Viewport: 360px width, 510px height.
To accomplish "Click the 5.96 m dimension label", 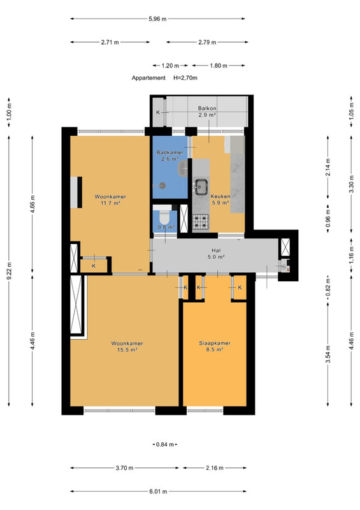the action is (x=158, y=19).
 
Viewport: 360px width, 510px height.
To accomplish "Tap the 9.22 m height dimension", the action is (x=9, y=270).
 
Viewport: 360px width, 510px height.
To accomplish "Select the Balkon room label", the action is (x=207, y=108).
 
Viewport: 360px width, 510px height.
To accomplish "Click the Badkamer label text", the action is (x=169, y=152).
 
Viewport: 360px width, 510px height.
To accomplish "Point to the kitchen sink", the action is (x=201, y=187).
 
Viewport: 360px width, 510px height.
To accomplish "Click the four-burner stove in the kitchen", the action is (x=201, y=222).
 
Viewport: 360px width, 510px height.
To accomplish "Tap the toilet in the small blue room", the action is (x=165, y=217).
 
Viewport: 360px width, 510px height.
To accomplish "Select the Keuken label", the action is (x=220, y=196).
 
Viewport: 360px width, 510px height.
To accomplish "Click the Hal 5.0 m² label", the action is (x=216, y=254).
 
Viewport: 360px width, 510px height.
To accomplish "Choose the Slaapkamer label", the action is (x=215, y=343).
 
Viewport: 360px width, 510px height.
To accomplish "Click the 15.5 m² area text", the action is (x=127, y=350).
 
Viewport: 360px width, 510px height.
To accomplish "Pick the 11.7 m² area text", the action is (x=111, y=203).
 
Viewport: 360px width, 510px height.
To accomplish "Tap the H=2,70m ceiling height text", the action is (x=185, y=78).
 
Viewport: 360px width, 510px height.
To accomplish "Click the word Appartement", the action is (x=148, y=78).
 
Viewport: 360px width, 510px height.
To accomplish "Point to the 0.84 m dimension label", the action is (x=165, y=444).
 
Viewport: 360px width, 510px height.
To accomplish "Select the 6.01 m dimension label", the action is (x=159, y=492).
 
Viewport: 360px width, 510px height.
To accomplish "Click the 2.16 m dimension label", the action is (x=215, y=468).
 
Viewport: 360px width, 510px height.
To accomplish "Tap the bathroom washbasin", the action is (x=183, y=168).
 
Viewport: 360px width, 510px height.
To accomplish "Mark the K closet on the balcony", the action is (x=158, y=112).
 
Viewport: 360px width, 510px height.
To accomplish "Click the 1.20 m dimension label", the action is (x=170, y=66).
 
